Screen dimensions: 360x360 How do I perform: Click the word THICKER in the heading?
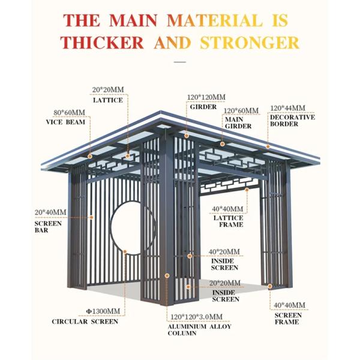(x=102, y=43)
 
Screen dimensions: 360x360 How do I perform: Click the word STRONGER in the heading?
(x=250, y=43)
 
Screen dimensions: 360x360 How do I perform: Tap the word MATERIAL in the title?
(x=215, y=20)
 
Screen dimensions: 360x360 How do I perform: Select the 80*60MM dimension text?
(x=70, y=113)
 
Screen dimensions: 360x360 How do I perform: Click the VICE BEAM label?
(x=65, y=122)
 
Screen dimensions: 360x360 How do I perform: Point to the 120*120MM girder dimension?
(x=206, y=97)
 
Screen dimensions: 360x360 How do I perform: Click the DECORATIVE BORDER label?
(x=293, y=121)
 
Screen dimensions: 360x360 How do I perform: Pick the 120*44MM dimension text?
(x=287, y=108)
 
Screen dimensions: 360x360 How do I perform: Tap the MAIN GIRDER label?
(x=238, y=123)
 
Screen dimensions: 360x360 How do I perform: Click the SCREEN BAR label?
(x=48, y=227)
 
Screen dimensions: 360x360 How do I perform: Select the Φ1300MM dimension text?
(x=103, y=311)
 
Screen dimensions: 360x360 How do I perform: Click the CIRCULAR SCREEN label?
(x=85, y=322)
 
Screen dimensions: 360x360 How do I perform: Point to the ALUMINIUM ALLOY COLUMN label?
(x=200, y=330)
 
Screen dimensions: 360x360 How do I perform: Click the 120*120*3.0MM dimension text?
(x=196, y=317)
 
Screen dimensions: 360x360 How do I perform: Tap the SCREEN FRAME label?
(x=288, y=319)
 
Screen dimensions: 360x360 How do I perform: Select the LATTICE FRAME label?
(x=228, y=221)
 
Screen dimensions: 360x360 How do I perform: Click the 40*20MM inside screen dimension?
(x=224, y=251)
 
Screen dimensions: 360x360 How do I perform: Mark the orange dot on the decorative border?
(x=268, y=146)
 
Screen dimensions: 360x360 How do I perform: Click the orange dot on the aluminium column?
(x=167, y=275)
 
